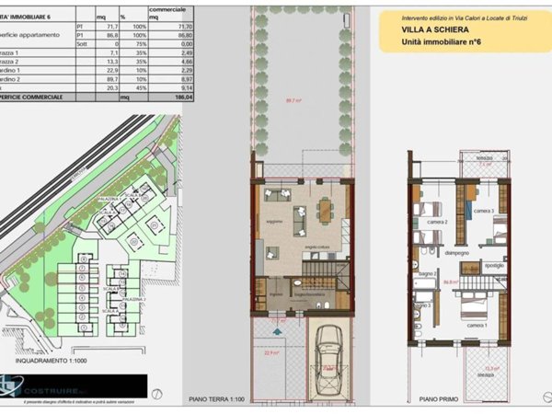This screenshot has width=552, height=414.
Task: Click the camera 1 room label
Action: tap(477, 325)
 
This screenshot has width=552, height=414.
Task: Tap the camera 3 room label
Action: tap(483, 212)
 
